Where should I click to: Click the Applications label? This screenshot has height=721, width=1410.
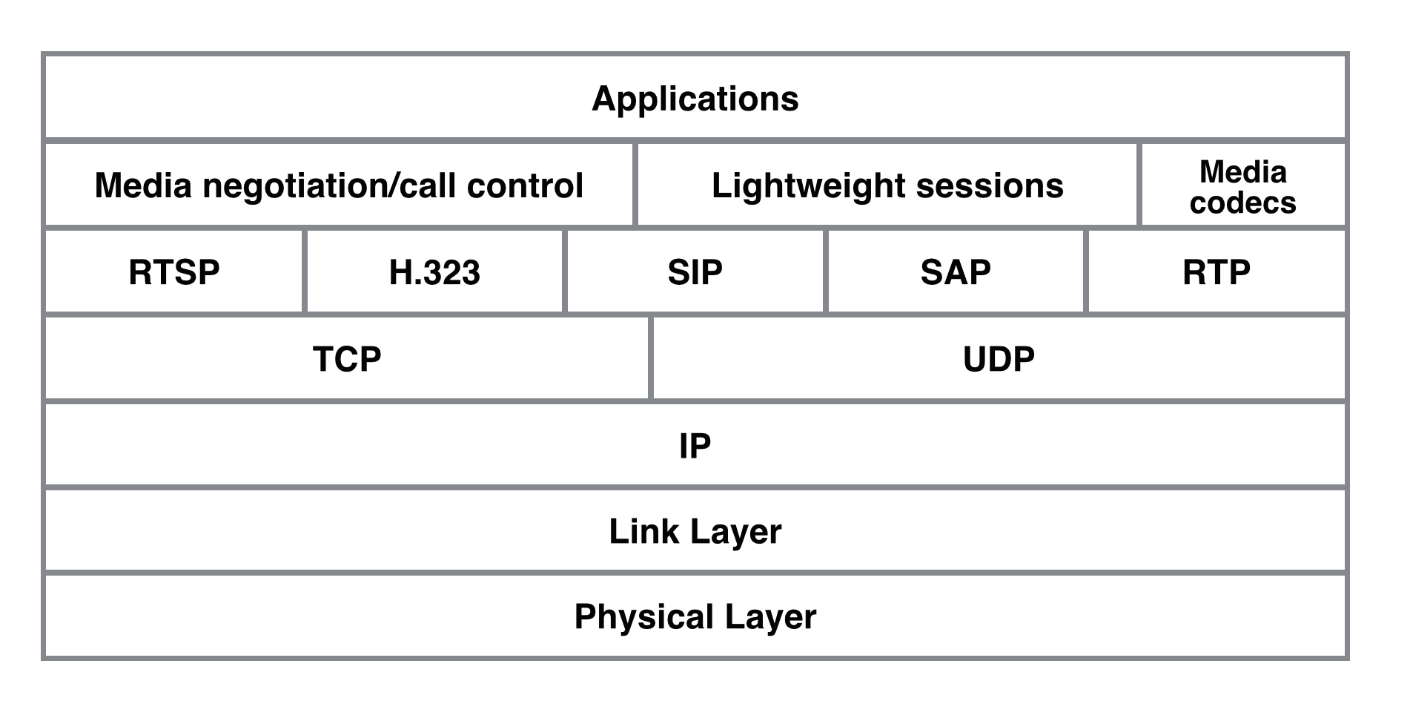(695, 99)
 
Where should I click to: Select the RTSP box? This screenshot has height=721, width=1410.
(174, 271)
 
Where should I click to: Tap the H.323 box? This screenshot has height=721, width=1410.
(434, 271)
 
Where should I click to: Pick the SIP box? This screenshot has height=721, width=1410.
(695, 271)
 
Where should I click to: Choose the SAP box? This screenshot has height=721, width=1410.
(956, 271)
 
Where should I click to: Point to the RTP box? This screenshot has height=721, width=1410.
(1217, 271)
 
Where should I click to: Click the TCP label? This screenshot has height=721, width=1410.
(347, 359)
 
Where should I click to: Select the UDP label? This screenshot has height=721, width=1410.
(999, 359)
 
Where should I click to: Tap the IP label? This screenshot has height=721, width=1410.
(695, 446)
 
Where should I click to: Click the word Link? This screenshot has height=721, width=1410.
(643, 532)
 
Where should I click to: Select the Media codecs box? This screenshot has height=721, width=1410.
(1243, 185)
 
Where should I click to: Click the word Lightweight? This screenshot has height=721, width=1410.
(807, 186)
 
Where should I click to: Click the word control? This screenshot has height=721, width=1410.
(525, 185)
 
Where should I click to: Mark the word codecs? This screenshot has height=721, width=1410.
(1243, 203)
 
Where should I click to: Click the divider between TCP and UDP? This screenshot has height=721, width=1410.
(651, 358)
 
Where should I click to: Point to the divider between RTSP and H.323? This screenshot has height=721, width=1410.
(305, 271)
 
